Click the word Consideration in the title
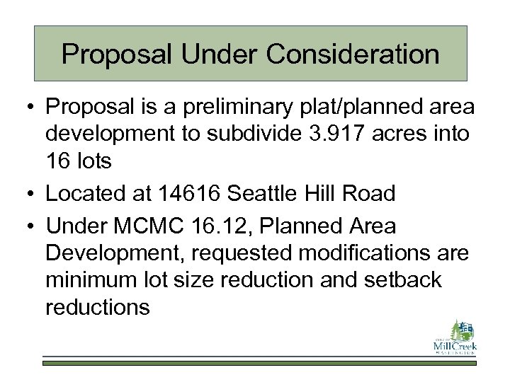coord(363,54)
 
